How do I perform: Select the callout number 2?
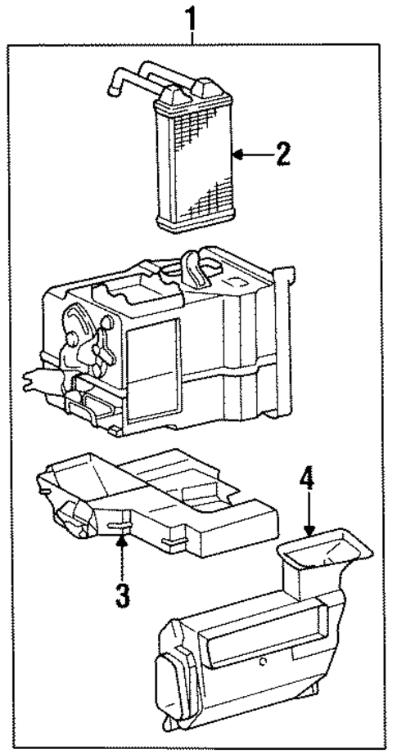[x=282, y=154]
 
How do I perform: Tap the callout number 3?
[x=122, y=595]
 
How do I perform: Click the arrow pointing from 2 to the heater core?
[x=250, y=154]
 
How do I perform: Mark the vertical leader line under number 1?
[x=193, y=38]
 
